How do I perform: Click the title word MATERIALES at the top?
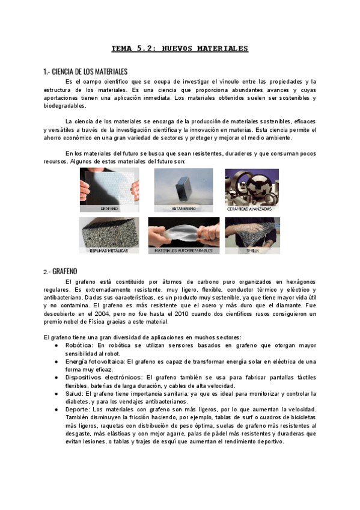(218, 49)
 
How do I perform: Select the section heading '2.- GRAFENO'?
(60, 271)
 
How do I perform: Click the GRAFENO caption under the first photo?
(109, 209)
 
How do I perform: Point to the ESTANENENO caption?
(183, 209)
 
